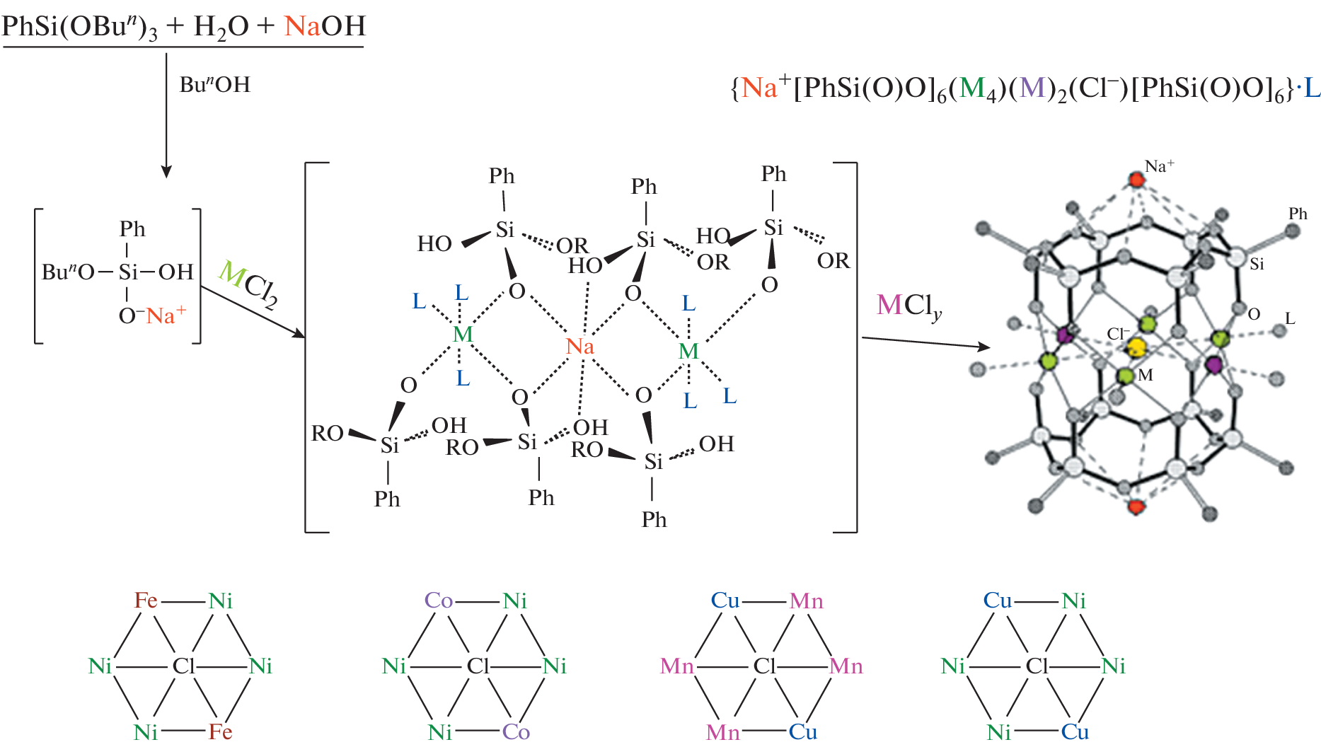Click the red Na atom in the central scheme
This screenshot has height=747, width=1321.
pyautogui.click(x=579, y=347)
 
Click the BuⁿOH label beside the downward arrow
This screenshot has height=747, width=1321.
pyautogui.click(x=214, y=85)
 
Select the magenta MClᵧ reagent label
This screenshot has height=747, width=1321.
pyautogui.click(x=908, y=306)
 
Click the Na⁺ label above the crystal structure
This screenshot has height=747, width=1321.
pyautogui.click(x=1159, y=166)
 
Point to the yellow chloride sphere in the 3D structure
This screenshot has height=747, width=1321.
pyautogui.click(x=1136, y=347)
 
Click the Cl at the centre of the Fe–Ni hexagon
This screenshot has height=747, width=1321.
pyautogui.click(x=183, y=666)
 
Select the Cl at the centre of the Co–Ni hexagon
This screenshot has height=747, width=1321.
pyautogui.click(x=478, y=666)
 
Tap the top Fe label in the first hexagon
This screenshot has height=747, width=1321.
pyautogui.click(x=146, y=601)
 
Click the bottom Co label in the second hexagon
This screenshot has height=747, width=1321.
pyautogui.click(x=516, y=731)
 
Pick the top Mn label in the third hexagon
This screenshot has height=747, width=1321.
pyautogui.click(x=806, y=601)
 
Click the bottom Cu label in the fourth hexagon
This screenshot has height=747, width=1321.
pyautogui.click(x=1075, y=731)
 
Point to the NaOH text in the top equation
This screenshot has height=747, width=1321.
pyautogui.click(x=325, y=26)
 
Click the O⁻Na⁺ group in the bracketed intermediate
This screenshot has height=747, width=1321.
pyautogui.click(x=152, y=315)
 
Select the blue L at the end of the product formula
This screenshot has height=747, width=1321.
pyautogui.click(x=1312, y=88)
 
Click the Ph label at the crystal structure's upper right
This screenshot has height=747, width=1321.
pyautogui.click(x=1298, y=214)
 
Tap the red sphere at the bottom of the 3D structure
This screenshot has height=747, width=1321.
pyautogui.click(x=1136, y=506)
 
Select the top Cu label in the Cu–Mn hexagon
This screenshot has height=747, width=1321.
pyautogui.click(x=725, y=601)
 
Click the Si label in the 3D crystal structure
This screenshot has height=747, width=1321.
pyautogui.click(x=1257, y=265)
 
